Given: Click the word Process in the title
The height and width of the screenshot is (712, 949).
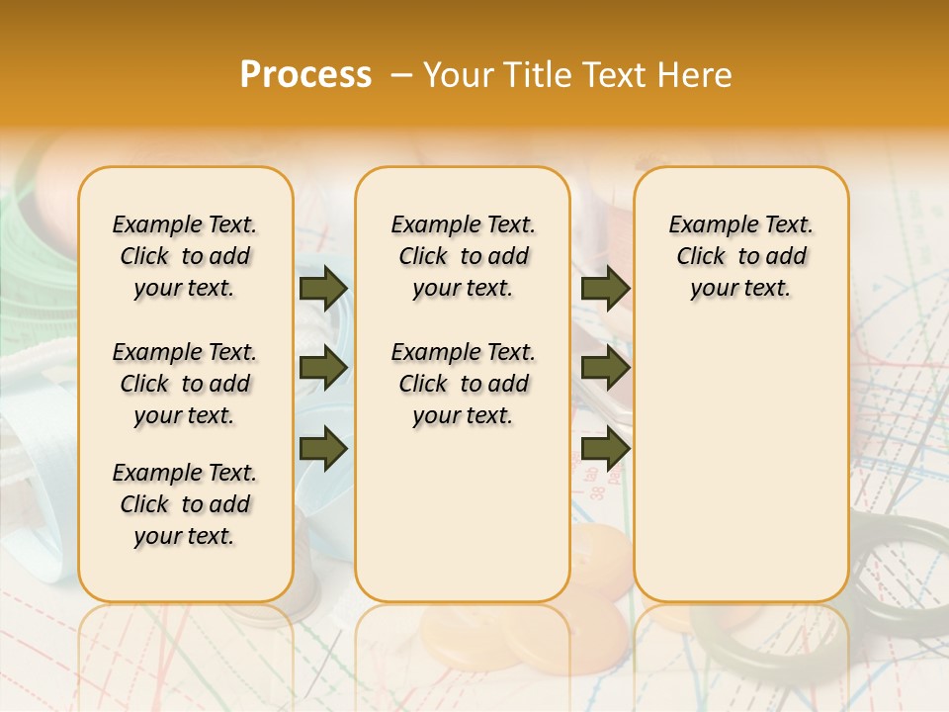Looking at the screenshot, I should pyautogui.click(x=305, y=75).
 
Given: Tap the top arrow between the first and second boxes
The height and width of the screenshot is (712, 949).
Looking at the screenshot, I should pyautogui.click(x=322, y=288).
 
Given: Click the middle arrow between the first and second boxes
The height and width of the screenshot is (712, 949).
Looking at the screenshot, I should pyautogui.click(x=322, y=369).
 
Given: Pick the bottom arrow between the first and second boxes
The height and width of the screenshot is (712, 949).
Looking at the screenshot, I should pyautogui.click(x=322, y=449).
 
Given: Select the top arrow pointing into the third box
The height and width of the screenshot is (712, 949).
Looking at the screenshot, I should pyautogui.click(x=605, y=288).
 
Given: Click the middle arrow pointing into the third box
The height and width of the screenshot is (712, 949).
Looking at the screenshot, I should pyautogui.click(x=605, y=369).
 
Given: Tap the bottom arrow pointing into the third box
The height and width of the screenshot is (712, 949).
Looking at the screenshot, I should pyautogui.click(x=605, y=449).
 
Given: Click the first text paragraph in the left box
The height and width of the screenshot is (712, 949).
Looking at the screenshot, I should pyautogui.click(x=185, y=256).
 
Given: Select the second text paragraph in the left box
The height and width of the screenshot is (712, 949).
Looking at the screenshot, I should pyautogui.click(x=185, y=384).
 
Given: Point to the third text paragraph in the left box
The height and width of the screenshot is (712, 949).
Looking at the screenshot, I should pyautogui.click(x=185, y=504).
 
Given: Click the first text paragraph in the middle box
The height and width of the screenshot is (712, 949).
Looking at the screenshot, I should pyautogui.click(x=463, y=256).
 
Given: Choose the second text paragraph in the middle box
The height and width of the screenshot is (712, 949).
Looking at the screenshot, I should pyautogui.click(x=463, y=384).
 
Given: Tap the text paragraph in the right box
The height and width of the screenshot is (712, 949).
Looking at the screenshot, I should pyautogui.click(x=740, y=256).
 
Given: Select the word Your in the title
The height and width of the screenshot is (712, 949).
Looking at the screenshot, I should pyautogui.click(x=458, y=75).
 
